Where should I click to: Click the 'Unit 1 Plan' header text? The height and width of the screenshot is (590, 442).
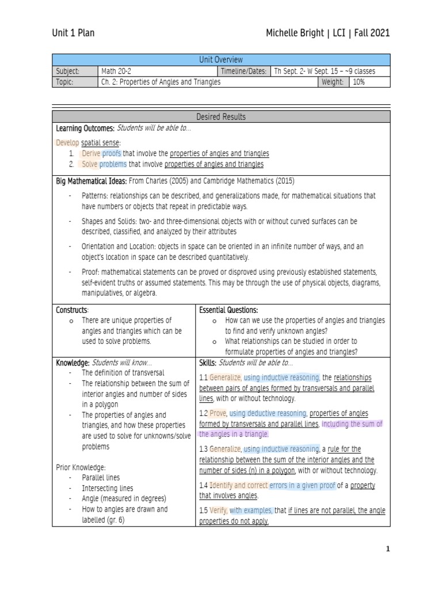(x=73, y=33)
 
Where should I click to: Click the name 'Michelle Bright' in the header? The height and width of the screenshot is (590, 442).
(x=294, y=33)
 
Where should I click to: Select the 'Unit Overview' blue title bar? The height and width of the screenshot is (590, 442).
(x=221, y=60)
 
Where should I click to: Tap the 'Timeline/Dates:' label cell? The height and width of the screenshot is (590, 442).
(x=243, y=71)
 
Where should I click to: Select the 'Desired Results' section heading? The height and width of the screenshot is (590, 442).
(x=221, y=117)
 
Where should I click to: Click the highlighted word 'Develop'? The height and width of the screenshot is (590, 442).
(x=67, y=142)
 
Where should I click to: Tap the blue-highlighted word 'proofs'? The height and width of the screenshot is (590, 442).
(x=111, y=153)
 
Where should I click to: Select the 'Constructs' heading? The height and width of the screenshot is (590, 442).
(x=71, y=310)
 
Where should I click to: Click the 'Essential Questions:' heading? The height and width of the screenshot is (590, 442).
(x=228, y=310)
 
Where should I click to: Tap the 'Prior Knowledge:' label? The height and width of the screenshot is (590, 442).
(x=81, y=467)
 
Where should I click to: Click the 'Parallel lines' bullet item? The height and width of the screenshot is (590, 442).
(x=101, y=478)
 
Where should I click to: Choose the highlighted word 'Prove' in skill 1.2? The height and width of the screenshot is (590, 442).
(x=218, y=413)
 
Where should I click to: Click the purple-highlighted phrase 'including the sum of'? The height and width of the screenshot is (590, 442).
(x=352, y=423)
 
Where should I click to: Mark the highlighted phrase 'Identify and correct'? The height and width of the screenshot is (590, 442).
(x=238, y=486)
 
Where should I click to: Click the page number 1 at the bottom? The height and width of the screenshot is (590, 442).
(x=388, y=549)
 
